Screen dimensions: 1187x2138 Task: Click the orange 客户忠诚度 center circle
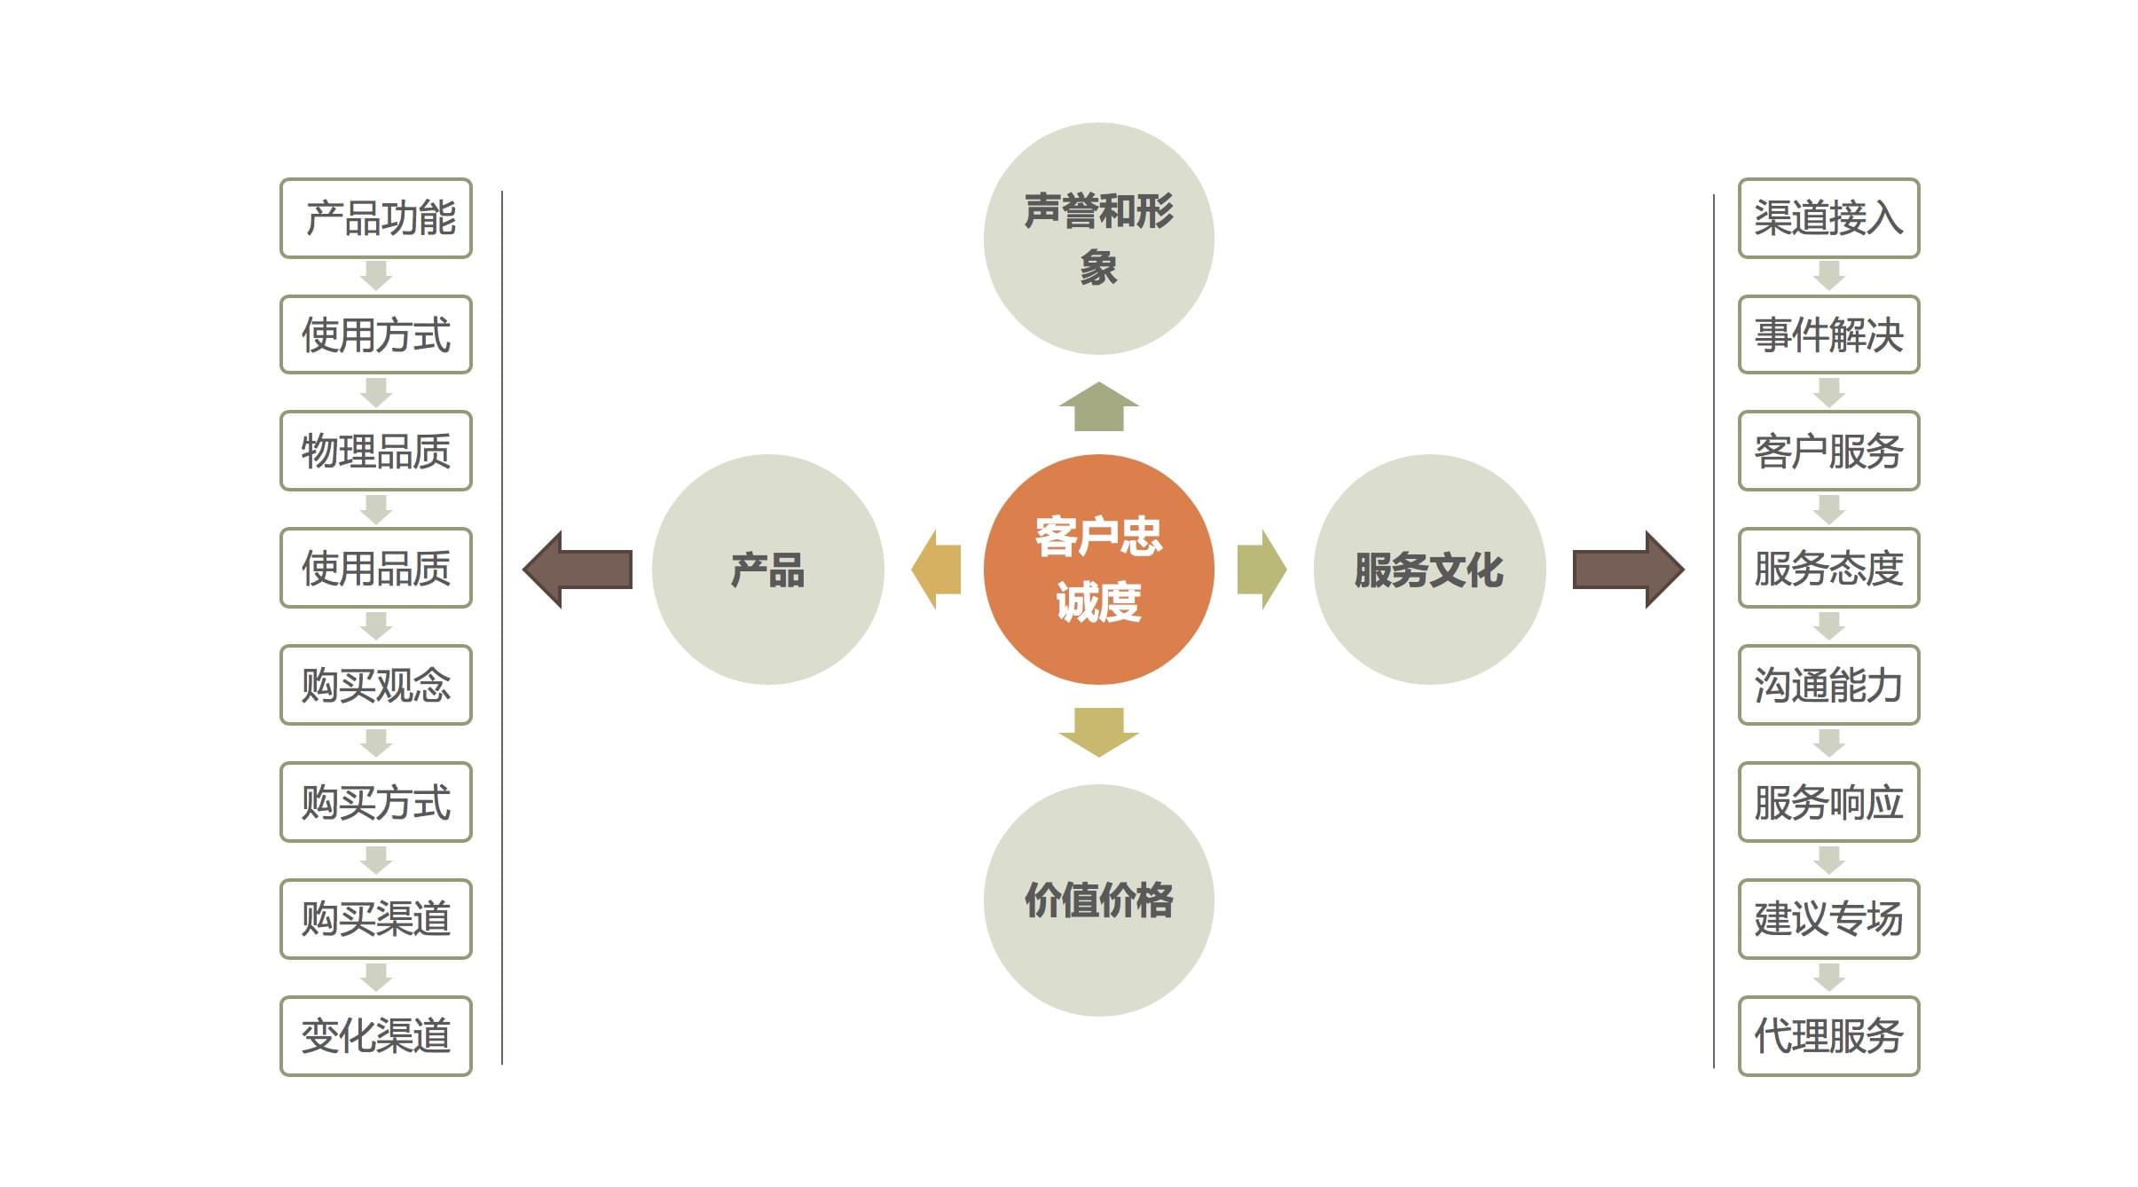click(1098, 570)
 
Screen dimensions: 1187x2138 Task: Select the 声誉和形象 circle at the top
click(1098, 239)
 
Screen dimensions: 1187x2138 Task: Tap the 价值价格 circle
click(1098, 900)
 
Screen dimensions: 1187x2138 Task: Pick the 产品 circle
click(767, 570)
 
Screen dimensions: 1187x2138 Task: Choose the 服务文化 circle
click(1429, 570)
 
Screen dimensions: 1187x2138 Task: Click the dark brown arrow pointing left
click(578, 570)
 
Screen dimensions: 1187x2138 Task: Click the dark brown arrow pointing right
click(1627, 570)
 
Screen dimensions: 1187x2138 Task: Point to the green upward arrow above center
click(1098, 408)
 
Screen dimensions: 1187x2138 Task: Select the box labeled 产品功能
click(376, 218)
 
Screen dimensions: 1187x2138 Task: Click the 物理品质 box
click(376, 451)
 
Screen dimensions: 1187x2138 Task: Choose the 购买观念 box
click(376, 685)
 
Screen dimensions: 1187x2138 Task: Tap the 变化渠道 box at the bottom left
click(376, 1036)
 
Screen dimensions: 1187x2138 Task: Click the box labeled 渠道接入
click(1828, 218)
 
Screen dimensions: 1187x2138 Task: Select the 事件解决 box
click(1828, 334)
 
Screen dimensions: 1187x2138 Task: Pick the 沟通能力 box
click(1828, 685)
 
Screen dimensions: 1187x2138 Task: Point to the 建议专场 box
click(1828, 919)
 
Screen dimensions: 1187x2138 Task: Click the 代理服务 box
click(1828, 1036)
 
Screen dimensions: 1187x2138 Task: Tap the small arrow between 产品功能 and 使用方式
click(376, 276)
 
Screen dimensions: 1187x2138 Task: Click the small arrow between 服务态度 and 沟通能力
click(1828, 626)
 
